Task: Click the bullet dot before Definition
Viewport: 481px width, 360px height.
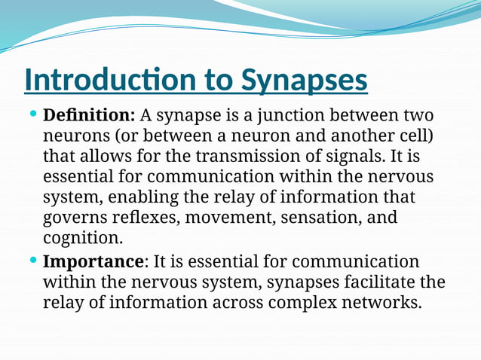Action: [x=32, y=114]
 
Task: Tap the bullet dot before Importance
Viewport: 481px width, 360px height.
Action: [x=32, y=260]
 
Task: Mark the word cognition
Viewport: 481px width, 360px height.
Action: [x=82, y=239]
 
